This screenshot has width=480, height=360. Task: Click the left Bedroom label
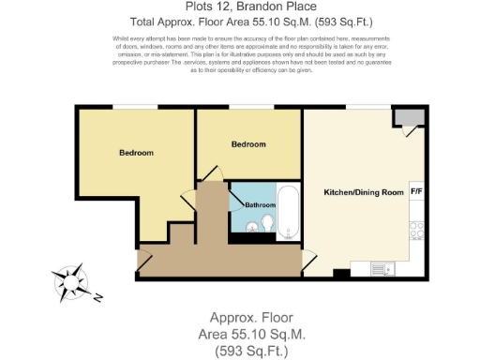coord(136,152)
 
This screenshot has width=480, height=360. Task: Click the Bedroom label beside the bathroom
coord(248,144)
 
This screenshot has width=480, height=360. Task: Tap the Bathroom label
coord(261,204)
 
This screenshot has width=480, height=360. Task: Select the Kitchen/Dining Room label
coord(364,192)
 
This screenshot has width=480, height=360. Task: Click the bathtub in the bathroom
coord(289,212)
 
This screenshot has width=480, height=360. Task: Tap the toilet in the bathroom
coord(266,224)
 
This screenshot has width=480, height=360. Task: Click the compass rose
coord(69,281)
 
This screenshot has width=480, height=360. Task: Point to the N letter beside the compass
coord(98,299)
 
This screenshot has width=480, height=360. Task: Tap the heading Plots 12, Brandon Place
coord(239,7)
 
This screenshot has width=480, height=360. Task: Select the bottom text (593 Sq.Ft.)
coord(239,351)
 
